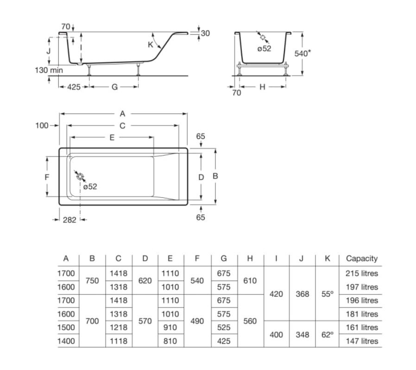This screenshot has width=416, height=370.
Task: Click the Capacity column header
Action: point(362,258)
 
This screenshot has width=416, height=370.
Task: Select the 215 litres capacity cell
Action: point(362,273)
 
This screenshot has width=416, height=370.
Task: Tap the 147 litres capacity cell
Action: point(362,341)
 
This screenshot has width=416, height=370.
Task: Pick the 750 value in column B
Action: point(92,280)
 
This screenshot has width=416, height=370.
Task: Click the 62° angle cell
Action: point(327,334)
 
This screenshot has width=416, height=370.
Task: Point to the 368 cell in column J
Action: point(302,294)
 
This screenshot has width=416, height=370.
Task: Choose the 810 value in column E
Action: point(170,341)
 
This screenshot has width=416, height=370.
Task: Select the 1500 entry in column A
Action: point(66,327)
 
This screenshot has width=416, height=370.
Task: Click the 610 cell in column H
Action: point(250,280)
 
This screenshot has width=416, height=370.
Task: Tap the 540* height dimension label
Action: point(303,53)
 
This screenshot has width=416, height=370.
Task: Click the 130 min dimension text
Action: point(49,70)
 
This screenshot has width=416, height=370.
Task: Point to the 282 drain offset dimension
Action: point(69,220)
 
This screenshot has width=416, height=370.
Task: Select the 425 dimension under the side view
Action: point(74,87)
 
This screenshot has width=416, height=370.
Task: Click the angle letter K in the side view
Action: point(151,44)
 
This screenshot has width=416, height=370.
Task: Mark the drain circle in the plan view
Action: point(80,176)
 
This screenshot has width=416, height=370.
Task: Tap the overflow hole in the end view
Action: point(263,38)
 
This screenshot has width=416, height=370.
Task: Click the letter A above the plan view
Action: point(122,113)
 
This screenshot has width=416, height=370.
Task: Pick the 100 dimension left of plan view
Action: point(42,125)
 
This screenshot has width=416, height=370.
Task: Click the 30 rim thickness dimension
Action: point(205,33)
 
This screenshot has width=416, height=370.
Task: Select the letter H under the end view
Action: point(262,87)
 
